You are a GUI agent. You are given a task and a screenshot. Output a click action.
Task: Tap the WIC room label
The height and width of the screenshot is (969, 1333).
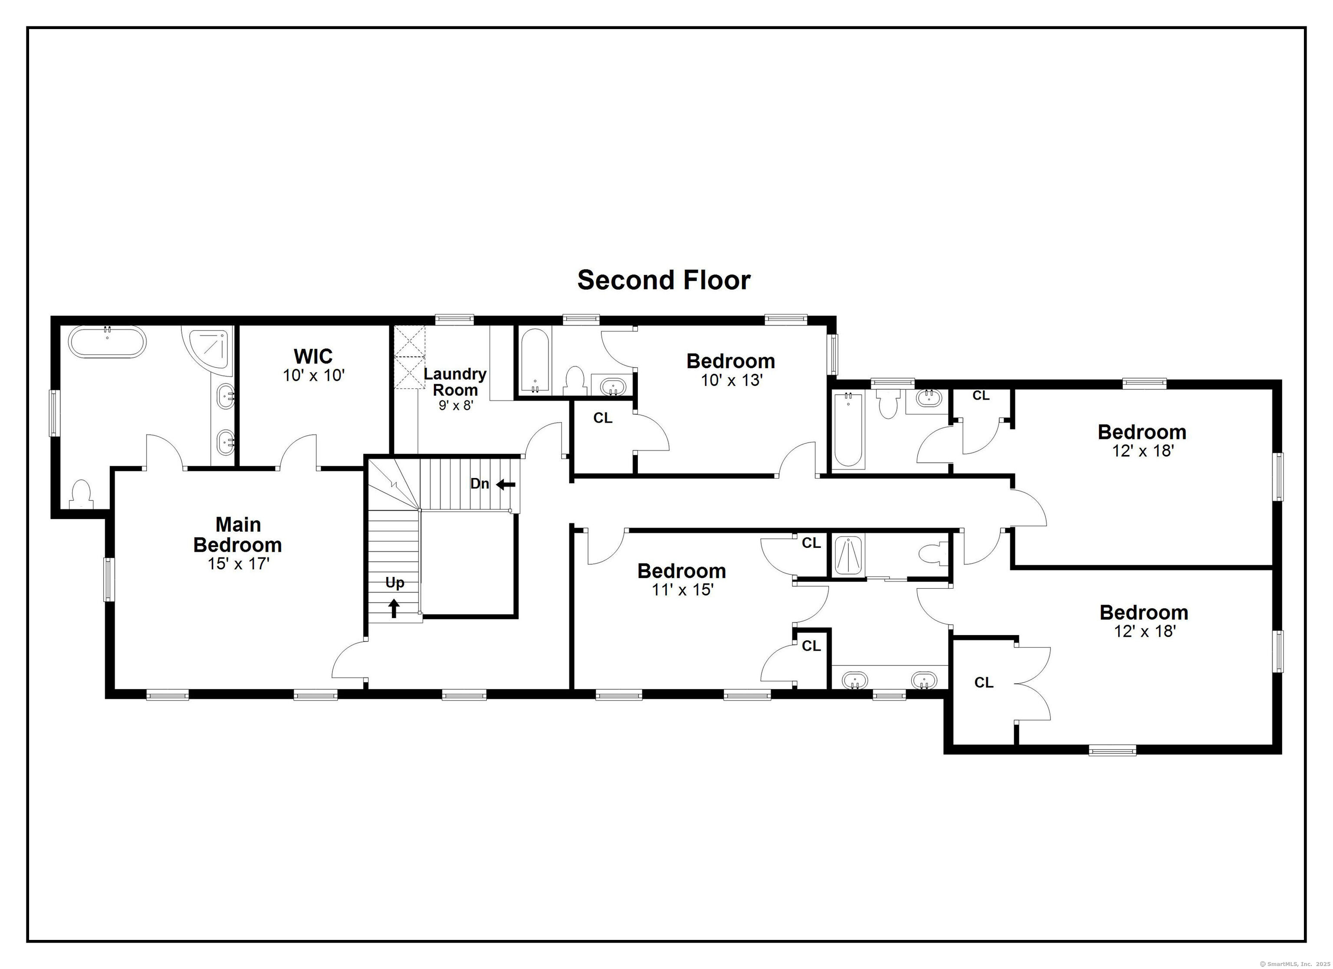tap(313, 356)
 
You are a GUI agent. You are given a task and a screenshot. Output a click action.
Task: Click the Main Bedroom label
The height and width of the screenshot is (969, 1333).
tap(237, 534)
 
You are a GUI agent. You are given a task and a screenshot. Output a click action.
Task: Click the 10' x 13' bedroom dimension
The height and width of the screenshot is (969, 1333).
tap(731, 380)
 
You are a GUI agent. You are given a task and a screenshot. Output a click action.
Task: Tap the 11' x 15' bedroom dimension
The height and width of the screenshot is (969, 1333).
tap(682, 589)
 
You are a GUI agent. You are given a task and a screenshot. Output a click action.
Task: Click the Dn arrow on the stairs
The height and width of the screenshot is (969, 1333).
tap(506, 485)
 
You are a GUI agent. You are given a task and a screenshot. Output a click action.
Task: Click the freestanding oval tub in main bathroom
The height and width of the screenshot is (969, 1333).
tap(107, 341)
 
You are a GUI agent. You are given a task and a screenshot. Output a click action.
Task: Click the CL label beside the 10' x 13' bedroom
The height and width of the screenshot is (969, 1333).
tap(603, 418)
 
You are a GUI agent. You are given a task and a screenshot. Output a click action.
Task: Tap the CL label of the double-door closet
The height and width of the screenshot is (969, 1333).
tap(984, 682)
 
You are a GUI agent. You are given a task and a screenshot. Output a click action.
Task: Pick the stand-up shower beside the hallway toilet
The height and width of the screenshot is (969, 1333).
tap(847, 555)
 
